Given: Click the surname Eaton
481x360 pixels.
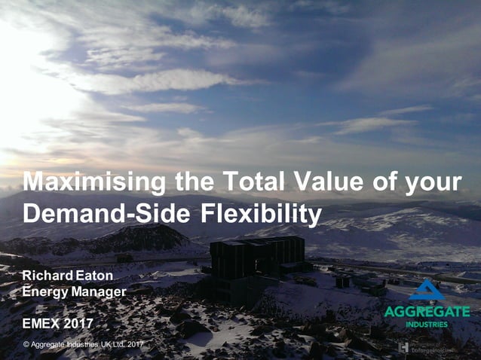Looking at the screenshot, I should tap(94, 276).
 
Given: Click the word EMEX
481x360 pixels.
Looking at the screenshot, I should tap(42, 324).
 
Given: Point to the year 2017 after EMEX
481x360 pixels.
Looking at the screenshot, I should tap(80, 324).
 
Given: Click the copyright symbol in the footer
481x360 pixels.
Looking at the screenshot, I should tap(26, 345).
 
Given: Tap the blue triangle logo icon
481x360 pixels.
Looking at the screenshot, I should tap(427, 290).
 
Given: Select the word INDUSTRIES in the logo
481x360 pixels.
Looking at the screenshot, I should tap(427, 325).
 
